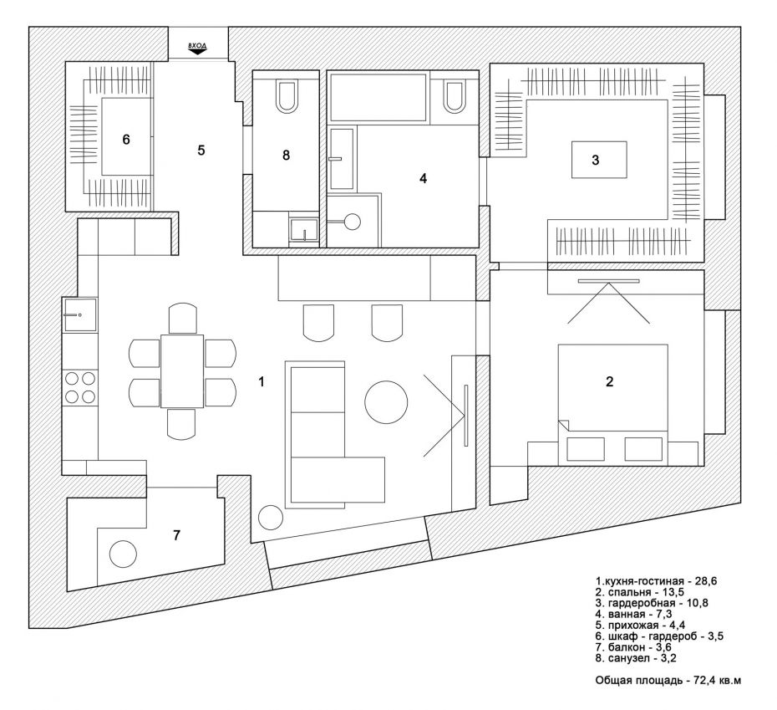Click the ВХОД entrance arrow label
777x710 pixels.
pyautogui.click(x=197, y=48)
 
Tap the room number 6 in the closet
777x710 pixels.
pyautogui.click(x=126, y=140)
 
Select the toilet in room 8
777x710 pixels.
pyautogui.click(x=286, y=95)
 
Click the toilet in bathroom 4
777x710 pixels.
pyautogui.click(x=454, y=95)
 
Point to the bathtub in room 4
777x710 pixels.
pyautogui.click(x=378, y=97)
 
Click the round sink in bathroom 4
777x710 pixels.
pyautogui.click(x=353, y=222)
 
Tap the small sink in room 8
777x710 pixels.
pyautogui.click(x=304, y=230)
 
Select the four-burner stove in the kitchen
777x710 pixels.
pyautogui.click(x=79, y=387)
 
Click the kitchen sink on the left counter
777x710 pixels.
pyautogui.click(x=79, y=315)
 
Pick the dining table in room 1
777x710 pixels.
pyautogui.click(x=182, y=371)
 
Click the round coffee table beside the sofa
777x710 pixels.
pyautogui.click(x=386, y=402)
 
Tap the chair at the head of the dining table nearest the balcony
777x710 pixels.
pyautogui.click(x=182, y=424)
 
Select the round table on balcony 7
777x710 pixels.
pyautogui.click(x=122, y=554)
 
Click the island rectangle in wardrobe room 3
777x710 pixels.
pyautogui.click(x=598, y=159)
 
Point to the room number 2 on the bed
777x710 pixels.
pyautogui.click(x=610, y=381)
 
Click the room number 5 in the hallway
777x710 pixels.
pyautogui.click(x=201, y=151)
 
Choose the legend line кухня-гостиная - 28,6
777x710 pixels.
pyautogui.click(x=656, y=581)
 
